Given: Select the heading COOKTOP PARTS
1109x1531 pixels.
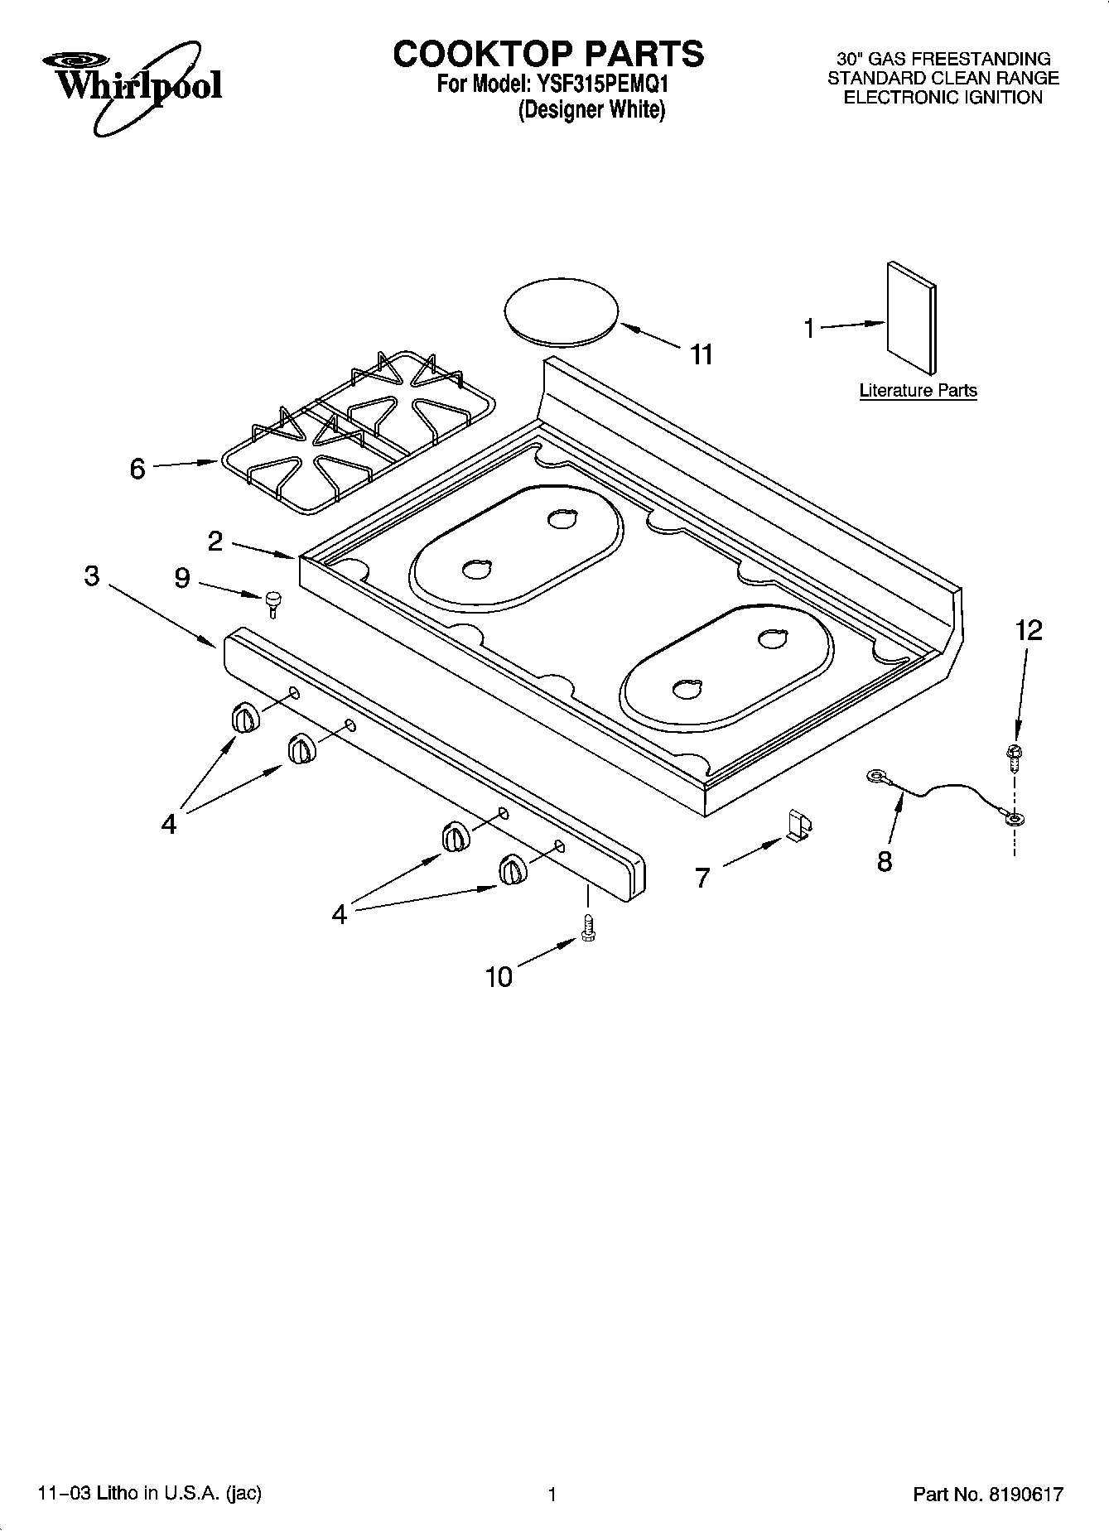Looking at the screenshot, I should (548, 54).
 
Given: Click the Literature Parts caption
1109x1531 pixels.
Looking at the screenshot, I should (918, 391).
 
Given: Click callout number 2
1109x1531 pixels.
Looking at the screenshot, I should (215, 542).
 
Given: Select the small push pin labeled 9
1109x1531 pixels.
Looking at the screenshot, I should (273, 602).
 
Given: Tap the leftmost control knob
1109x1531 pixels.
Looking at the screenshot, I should (245, 718).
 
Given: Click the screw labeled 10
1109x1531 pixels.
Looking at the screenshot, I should (589, 926).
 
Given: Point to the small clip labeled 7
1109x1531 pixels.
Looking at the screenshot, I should (799, 826).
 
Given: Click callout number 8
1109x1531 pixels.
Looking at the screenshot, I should (885, 861).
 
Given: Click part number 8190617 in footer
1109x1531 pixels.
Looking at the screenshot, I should (1025, 1495).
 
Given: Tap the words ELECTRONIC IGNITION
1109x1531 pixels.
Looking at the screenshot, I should (943, 98).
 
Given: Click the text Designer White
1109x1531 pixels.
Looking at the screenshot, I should (591, 109).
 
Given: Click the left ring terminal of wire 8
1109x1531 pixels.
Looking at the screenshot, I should (875, 776).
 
